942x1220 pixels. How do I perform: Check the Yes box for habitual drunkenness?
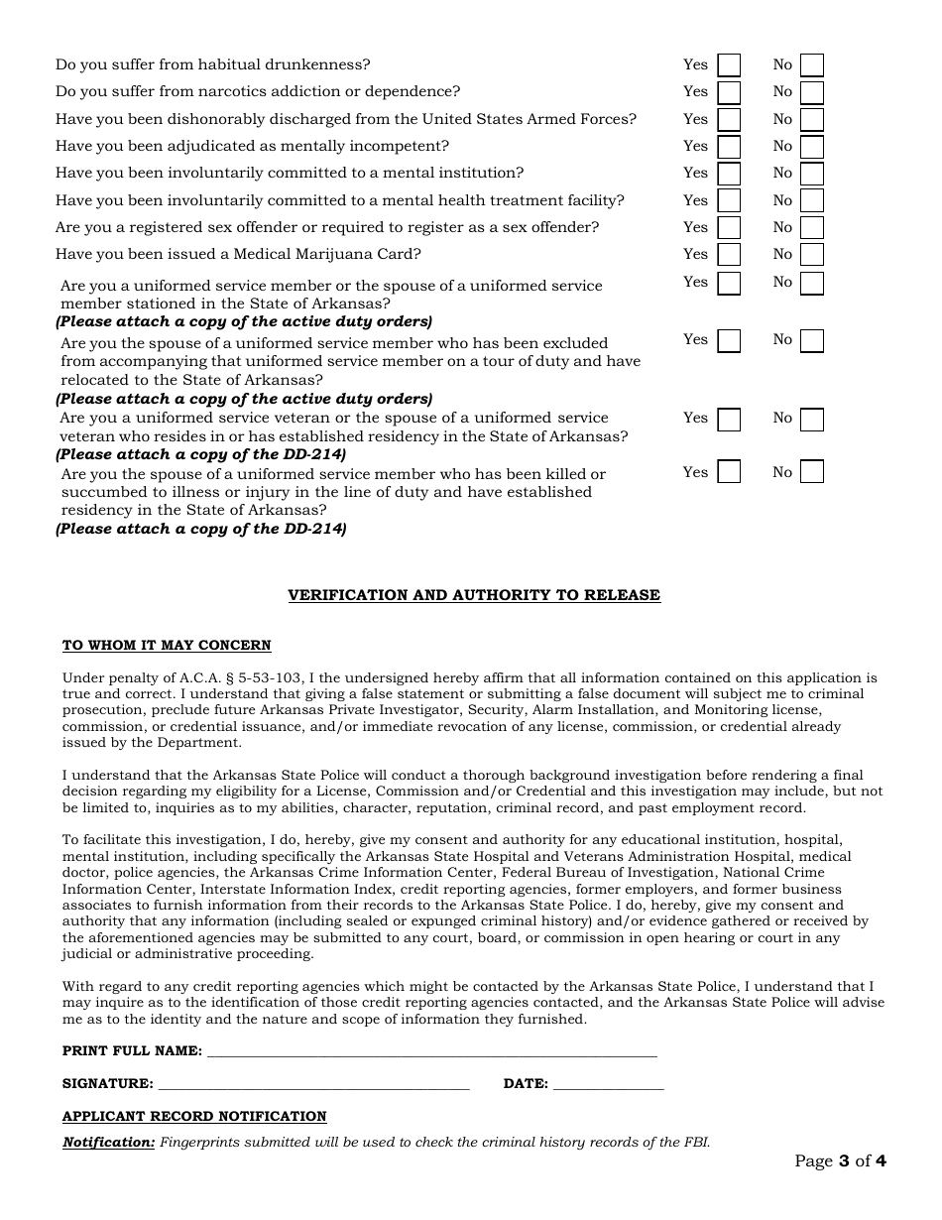tap(729, 65)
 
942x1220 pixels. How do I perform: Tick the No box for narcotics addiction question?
tap(812, 92)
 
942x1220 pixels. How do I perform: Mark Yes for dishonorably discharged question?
tap(729, 120)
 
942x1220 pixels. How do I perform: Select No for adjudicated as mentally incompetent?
tap(812, 147)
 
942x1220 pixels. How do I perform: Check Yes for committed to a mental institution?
tap(729, 174)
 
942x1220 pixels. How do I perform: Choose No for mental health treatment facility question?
tap(812, 201)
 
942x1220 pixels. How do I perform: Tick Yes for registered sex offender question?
tap(729, 228)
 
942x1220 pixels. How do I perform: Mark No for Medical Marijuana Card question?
tap(812, 255)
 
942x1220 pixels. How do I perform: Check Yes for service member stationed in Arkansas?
tap(729, 283)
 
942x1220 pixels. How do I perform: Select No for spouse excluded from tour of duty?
tap(812, 341)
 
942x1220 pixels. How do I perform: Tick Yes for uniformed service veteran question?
tap(729, 420)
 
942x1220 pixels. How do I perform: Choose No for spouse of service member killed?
tap(812, 471)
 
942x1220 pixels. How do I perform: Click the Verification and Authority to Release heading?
tap(474, 595)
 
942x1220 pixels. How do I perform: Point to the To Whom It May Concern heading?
tap(167, 646)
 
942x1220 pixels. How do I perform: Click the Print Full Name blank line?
tap(431, 1051)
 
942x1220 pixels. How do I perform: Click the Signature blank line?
tap(313, 1084)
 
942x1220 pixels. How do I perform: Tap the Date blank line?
tap(608, 1084)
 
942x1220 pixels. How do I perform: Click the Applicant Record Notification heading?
tap(194, 1117)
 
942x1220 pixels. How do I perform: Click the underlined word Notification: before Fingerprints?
tap(109, 1143)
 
